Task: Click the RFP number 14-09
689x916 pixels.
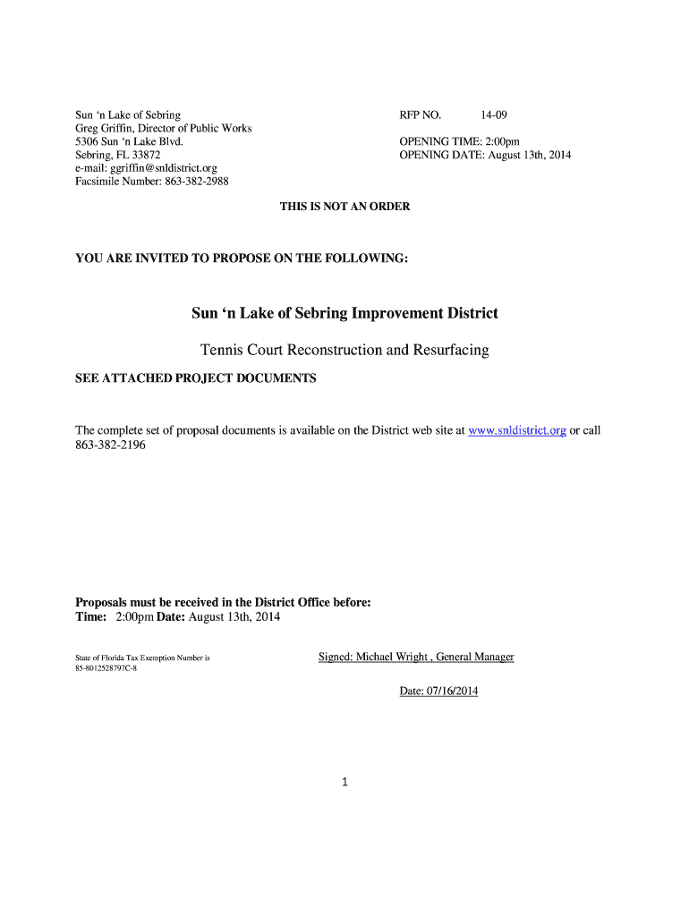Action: click(494, 115)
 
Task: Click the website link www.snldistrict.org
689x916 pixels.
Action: click(517, 430)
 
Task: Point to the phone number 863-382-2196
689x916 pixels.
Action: click(110, 445)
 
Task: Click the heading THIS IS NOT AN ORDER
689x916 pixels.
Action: click(344, 207)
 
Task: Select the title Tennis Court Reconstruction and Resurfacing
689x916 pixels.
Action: click(344, 350)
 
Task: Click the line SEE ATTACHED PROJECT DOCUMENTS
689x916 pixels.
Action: click(195, 378)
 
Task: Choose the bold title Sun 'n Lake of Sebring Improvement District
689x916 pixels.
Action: click(344, 313)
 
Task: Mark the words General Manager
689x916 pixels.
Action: click(475, 657)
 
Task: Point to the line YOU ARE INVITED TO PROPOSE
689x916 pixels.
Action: click(242, 259)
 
